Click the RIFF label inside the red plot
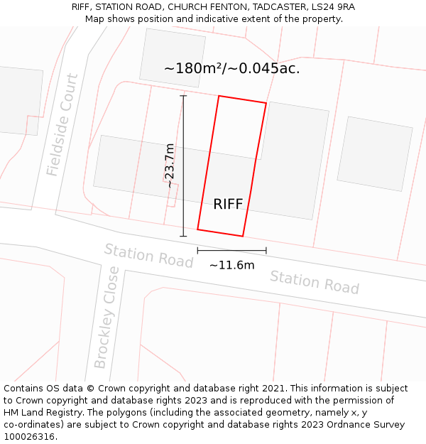228,205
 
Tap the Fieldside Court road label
62,125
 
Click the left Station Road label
148,256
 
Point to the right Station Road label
314,282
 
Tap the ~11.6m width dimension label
231,265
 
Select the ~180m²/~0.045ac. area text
231,68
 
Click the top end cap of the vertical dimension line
183,96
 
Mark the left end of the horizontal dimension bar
197,250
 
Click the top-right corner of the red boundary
266,104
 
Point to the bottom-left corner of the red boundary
197,229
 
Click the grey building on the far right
374,153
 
